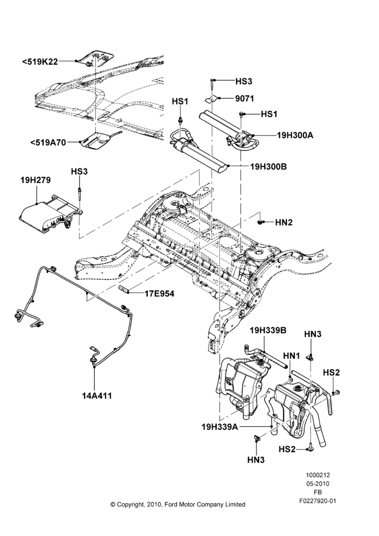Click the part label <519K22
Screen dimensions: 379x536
coord(40,62)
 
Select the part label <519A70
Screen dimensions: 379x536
coord(48,142)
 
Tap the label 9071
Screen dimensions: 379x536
coord(245,99)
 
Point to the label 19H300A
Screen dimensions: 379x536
coord(295,135)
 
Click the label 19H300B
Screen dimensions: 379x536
coord(268,167)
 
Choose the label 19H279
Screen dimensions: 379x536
coord(35,180)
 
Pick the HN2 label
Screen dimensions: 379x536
coord(284,222)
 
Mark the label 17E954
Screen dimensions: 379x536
coord(159,293)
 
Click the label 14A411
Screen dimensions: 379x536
coord(97,396)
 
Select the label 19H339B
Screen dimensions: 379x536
coord(268,331)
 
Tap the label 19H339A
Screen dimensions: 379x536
coord(220,427)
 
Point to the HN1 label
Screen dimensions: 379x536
coord(291,356)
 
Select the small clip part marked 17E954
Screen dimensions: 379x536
coord(123,289)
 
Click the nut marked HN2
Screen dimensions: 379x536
coord(260,222)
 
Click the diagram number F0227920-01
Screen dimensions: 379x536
coord(317,501)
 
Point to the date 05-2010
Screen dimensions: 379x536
coord(317,483)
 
